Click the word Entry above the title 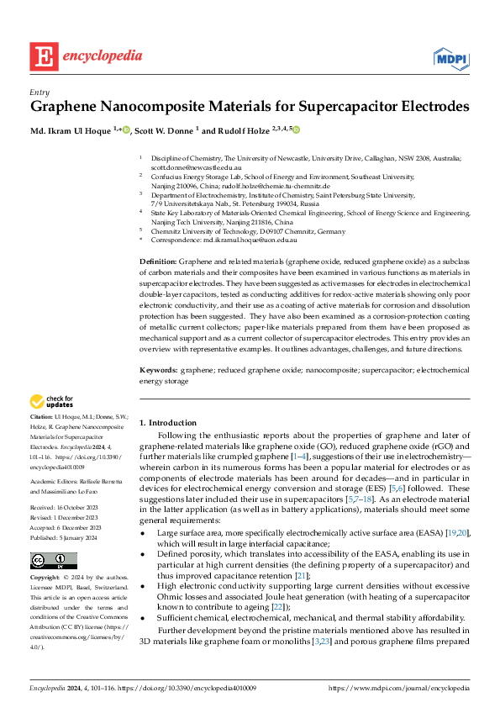point(39,92)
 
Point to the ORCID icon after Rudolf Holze point(295,129)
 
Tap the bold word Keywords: point(158,370)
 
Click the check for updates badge point(52,402)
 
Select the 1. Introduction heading point(167,422)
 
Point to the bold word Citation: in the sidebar point(41,416)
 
